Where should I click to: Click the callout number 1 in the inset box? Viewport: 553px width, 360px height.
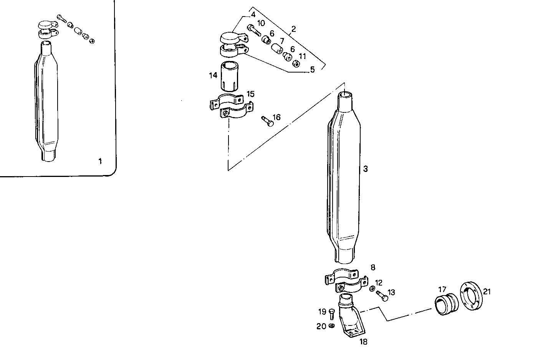point(100,162)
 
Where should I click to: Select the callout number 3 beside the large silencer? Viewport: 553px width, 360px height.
point(366,169)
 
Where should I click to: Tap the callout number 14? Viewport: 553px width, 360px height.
point(213,76)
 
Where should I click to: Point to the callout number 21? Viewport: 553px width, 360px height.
point(487,292)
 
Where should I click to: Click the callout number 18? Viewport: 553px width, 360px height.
point(363,342)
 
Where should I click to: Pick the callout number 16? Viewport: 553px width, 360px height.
point(276,117)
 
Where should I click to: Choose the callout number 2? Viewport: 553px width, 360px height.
point(294,29)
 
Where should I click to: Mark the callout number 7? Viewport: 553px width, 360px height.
point(281,41)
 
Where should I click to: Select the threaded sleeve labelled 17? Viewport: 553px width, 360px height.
point(446,306)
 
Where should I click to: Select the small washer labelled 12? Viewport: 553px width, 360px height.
point(372,289)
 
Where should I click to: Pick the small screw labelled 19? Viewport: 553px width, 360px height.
point(332,314)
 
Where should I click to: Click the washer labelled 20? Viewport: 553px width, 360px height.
point(332,326)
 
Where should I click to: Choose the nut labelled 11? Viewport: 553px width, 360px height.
point(296,63)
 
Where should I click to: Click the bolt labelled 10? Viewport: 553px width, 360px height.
point(254,30)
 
